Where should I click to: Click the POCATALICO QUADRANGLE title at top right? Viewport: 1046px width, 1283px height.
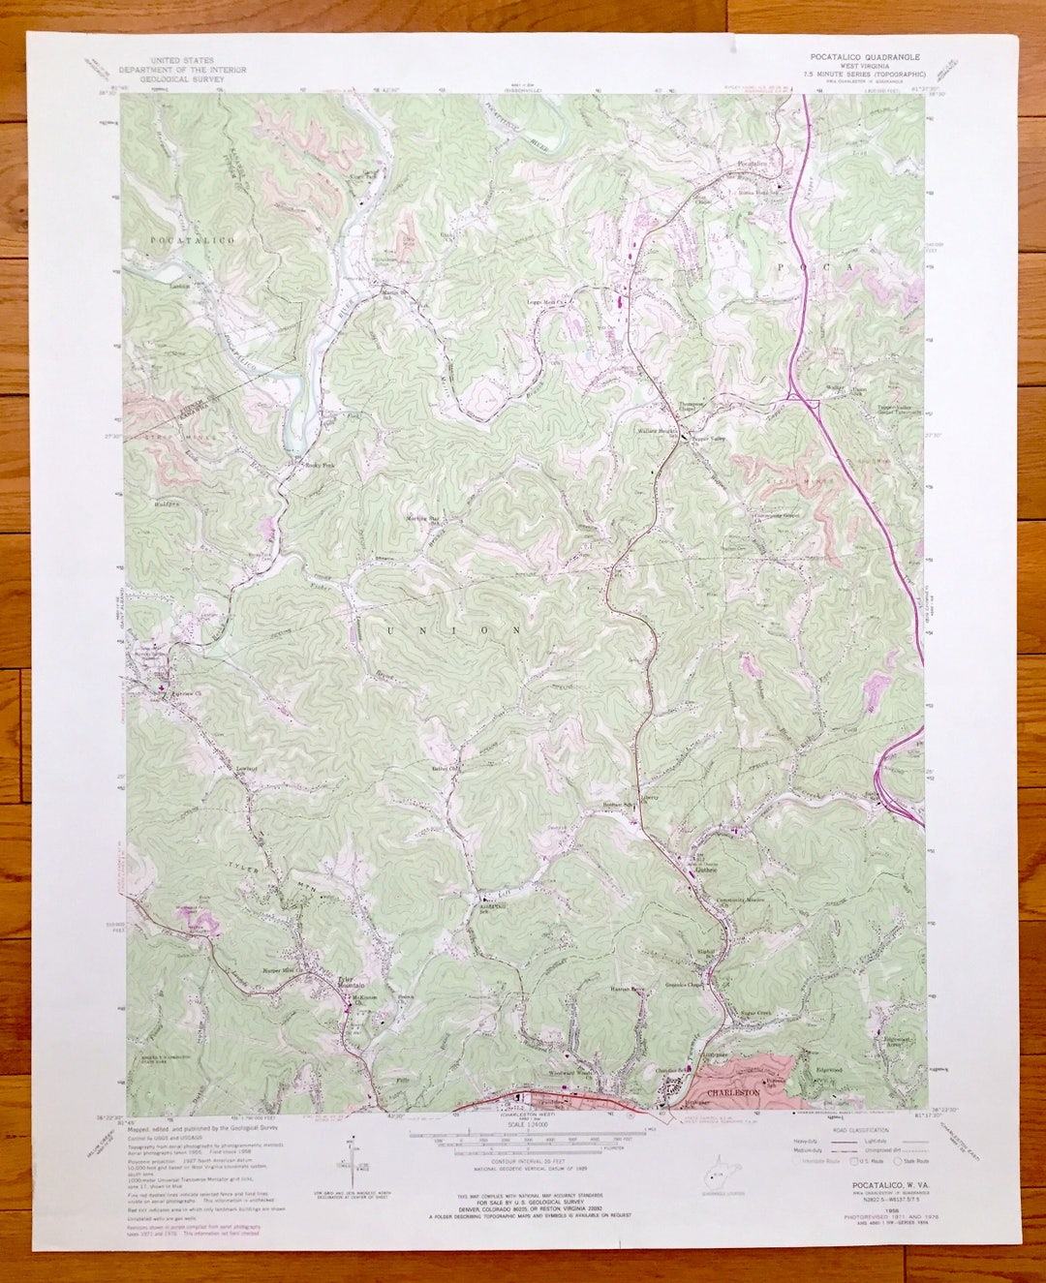pyautogui.click(x=865, y=57)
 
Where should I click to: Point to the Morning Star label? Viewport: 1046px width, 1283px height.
pyautogui.click(x=423, y=519)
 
